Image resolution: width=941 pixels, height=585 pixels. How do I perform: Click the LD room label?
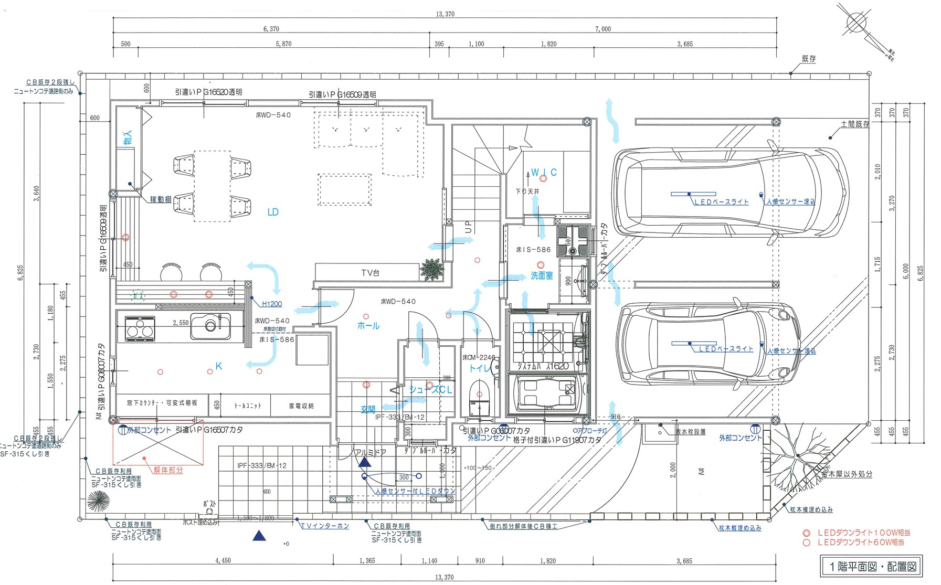273,212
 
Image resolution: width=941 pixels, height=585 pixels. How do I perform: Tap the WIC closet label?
544,172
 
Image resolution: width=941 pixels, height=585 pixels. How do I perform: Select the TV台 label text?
370,273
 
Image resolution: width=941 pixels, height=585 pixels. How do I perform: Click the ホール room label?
368,326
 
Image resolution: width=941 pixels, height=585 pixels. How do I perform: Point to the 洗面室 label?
541,275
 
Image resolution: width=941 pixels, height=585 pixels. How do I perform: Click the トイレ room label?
480,369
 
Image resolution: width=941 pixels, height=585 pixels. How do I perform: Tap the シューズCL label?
430,390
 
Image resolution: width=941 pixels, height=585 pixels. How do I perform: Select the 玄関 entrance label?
368,410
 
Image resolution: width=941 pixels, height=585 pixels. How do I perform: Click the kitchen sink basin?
210,326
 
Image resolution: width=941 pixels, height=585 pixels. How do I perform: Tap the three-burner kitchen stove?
140,328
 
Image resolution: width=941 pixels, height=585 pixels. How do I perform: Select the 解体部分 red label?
168,471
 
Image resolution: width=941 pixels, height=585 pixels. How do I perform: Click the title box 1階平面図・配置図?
872,567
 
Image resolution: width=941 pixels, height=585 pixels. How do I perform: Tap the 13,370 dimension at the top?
445,14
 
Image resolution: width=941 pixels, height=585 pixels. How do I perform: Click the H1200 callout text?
272,304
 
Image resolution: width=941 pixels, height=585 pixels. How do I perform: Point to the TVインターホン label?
325,526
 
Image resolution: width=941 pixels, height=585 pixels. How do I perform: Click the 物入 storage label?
128,137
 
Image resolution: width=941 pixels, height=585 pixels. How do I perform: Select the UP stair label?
468,227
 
